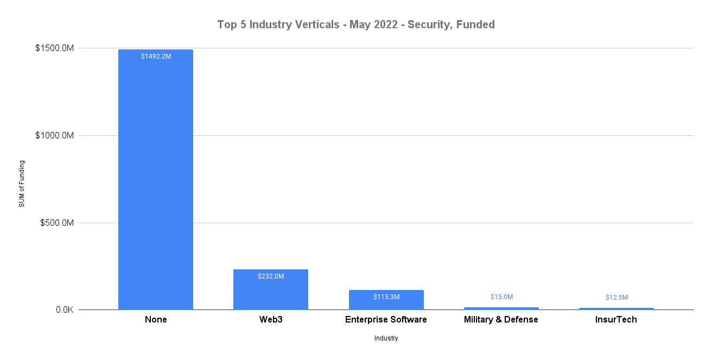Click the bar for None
click(156, 179)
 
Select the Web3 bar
click(271, 290)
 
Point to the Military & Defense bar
click(501, 308)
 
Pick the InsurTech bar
click(616, 309)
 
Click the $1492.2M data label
click(156, 56)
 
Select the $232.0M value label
click(271, 276)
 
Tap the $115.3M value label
click(386, 297)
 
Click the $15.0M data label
click(501, 297)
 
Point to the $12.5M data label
click(616, 298)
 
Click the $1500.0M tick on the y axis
click(54, 48)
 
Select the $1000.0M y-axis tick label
click(54, 136)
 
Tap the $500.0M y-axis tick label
click(56, 223)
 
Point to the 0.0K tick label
click(64, 310)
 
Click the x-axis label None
click(156, 320)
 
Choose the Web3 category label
click(271, 320)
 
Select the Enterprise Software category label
click(386, 320)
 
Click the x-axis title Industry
click(386, 338)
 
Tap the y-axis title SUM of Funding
click(22, 184)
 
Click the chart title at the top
click(356, 24)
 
